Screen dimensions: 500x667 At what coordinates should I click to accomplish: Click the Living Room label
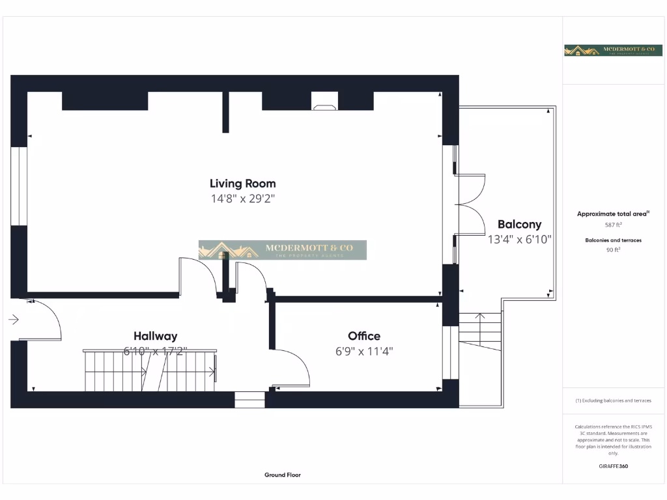tap(242, 184)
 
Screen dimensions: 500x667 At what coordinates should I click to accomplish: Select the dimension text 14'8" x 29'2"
tap(242, 199)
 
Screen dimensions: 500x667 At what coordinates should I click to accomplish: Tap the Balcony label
tap(519, 225)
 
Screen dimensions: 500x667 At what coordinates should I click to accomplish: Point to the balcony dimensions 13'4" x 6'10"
tap(519, 240)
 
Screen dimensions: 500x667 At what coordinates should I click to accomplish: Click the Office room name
tap(364, 336)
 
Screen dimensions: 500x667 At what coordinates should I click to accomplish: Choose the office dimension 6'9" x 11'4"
tap(364, 352)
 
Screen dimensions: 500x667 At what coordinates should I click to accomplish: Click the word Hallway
tap(155, 336)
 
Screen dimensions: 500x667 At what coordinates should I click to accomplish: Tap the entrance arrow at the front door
tap(14, 320)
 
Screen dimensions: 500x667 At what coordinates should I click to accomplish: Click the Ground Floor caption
tap(283, 475)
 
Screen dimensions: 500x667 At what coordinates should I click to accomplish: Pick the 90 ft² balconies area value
tap(613, 249)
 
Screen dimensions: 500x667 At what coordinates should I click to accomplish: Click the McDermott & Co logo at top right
tap(613, 50)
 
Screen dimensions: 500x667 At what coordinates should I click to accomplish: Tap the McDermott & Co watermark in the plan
tap(283, 250)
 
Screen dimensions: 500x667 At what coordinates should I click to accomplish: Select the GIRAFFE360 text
tap(613, 466)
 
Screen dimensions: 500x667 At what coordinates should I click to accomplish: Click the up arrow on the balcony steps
tap(481, 319)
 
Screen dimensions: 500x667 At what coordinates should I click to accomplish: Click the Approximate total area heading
tap(612, 214)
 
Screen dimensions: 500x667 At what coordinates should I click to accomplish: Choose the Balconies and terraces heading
tap(613, 240)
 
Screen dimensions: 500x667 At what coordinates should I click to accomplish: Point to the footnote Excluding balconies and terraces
tap(613, 400)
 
